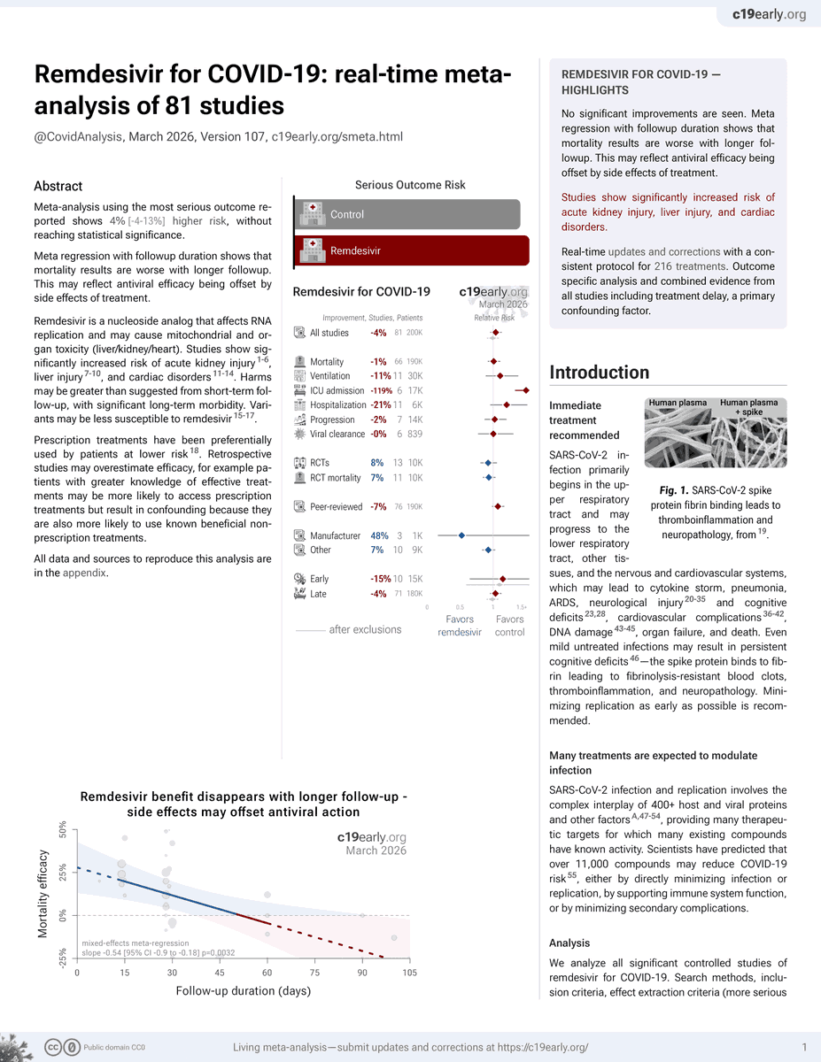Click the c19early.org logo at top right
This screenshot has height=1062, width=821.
769,14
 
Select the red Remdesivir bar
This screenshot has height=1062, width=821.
411,250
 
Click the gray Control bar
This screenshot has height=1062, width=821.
407,214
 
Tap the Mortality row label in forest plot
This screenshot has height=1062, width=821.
327,362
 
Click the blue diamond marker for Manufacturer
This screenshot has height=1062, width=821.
461,535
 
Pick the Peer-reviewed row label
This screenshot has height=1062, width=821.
336,507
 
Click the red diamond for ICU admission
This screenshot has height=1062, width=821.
525,390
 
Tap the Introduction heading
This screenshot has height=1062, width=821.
600,373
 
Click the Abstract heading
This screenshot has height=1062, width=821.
58,186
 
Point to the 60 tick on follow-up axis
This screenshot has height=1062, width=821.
267,973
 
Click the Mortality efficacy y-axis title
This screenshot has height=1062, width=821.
43,895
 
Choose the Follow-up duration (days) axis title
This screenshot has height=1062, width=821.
244,990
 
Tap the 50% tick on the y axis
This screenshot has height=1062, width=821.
63,830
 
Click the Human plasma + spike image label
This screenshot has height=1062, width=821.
750,407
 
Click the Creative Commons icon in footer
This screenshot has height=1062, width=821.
54,1046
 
